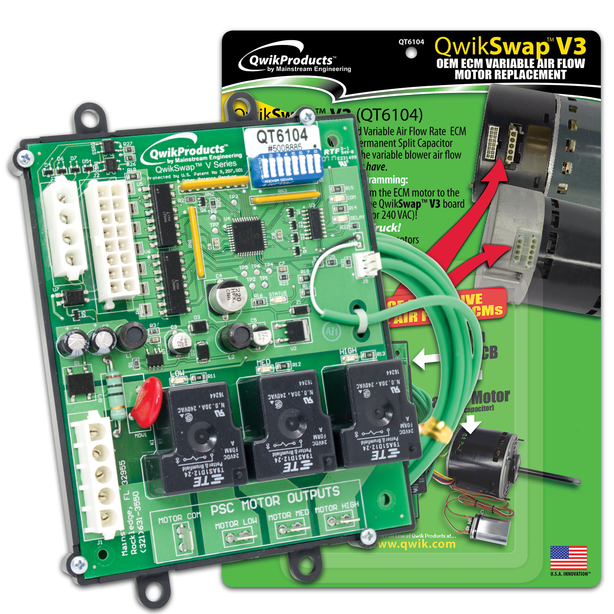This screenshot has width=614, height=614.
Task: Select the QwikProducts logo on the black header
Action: click(292, 61)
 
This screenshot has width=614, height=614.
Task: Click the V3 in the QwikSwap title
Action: click(571, 47)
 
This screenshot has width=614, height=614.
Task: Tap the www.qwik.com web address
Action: click(417, 544)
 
